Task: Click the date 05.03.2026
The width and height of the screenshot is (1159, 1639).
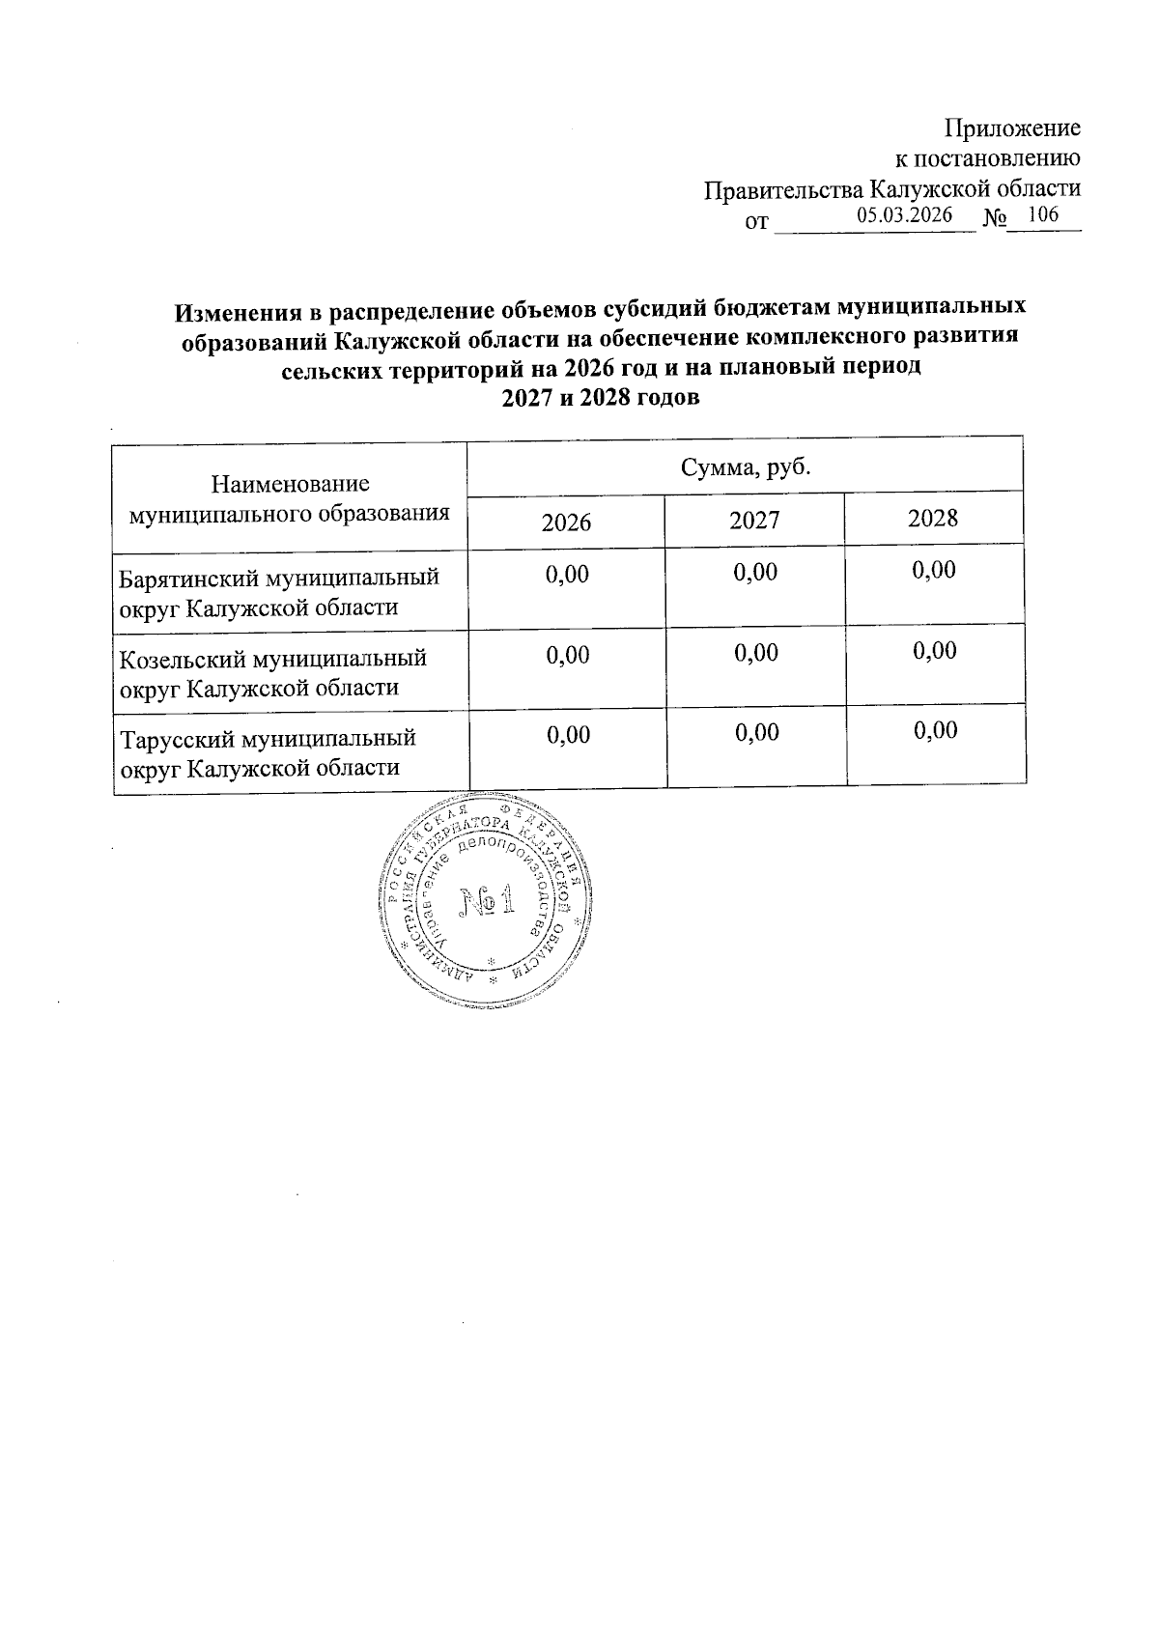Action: (904, 215)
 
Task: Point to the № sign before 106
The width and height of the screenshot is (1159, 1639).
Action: (995, 220)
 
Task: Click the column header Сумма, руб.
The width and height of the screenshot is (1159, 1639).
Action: (745, 469)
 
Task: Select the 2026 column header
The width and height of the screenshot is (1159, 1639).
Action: (566, 523)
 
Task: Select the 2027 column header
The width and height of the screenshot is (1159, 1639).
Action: (754, 521)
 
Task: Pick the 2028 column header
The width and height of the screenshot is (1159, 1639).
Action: (933, 519)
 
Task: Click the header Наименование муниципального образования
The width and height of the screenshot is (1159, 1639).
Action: (290, 497)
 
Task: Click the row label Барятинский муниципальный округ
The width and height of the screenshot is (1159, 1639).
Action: (278, 592)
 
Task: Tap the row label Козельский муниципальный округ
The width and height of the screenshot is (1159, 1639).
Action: (272, 672)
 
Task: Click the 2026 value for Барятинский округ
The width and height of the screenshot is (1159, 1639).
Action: (567, 575)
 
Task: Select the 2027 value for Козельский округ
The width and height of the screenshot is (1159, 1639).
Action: (755, 653)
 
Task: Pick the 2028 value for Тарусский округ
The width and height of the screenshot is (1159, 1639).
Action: (935, 730)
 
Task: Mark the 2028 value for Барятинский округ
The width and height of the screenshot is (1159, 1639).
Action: (934, 571)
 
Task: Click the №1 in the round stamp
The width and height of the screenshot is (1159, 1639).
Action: (487, 902)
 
